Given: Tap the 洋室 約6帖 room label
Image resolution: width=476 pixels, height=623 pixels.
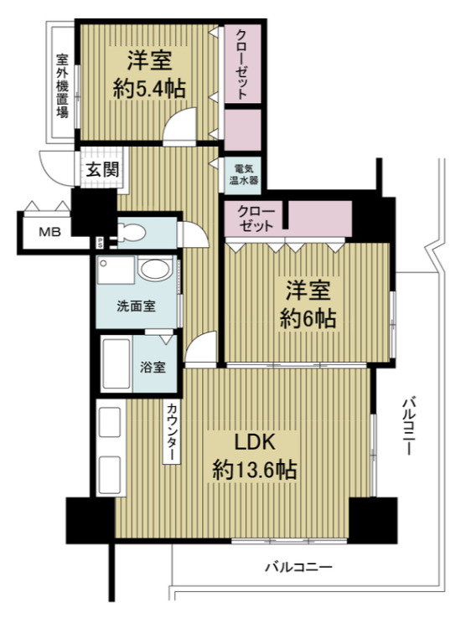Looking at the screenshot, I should [310, 305].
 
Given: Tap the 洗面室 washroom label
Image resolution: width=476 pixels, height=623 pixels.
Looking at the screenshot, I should [135, 306].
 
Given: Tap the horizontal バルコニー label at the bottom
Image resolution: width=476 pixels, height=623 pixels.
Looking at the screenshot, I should [299, 568].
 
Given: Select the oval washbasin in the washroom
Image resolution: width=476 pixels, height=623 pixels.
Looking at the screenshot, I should [154, 270].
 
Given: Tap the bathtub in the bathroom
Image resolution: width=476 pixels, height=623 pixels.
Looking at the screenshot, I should [115, 365].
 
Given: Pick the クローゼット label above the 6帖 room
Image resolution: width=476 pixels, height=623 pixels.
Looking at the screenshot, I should [253, 219].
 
